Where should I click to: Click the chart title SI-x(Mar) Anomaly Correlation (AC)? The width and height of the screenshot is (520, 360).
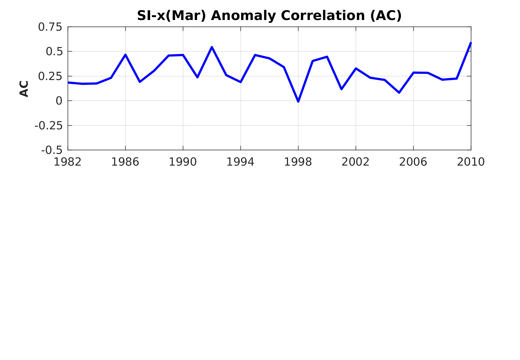pyautogui.click(x=269, y=15)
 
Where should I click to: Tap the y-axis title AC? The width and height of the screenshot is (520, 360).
pyautogui.click(x=24, y=89)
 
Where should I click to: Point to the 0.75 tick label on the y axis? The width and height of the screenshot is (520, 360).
pyautogui.click(x=50, y=27)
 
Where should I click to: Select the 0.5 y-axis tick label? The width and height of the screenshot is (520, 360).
pyautogui.click(x=54, y=51)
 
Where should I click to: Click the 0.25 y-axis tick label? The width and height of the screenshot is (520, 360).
pyautogui.click(x=50, y=76)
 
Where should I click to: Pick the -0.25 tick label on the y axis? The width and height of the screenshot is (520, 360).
pyautogui.click(x=49, y=126)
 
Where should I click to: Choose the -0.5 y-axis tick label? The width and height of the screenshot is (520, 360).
pyautogui.click(x=52, y=150)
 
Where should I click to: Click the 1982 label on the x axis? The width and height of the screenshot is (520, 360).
pyautogui.click(x=68, y=162)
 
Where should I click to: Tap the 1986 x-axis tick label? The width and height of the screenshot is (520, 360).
pyautogui.click(x=125, y=162)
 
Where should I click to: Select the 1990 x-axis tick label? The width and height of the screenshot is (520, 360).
pyautogui.click(x=183, y=162)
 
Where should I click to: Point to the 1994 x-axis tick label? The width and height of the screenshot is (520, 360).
pyautogui.click(x=241, y=162)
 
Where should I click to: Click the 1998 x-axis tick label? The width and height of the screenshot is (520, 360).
pyautogui.click(x=298, y=162)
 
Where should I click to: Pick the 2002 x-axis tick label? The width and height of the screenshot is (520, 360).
pyautogui.click(x=356, y=162)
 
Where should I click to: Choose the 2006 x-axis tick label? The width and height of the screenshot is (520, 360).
pyautogui.click(x=413, y=162)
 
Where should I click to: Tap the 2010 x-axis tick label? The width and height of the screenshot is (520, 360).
pyautogui.click(x=471, y=162)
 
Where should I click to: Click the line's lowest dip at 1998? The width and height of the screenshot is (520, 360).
pyautogui.click(x=298, y=102)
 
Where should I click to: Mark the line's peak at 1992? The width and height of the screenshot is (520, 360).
pyautogui.click(x=212, y=47)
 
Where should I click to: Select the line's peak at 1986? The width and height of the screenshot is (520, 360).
pyautogui.click(x=125, y=55)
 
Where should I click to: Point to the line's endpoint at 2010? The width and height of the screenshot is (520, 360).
pyautogui.click(x=471, y=43)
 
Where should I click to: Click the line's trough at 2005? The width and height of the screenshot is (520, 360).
pyautogui.click(x=399, y=93)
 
